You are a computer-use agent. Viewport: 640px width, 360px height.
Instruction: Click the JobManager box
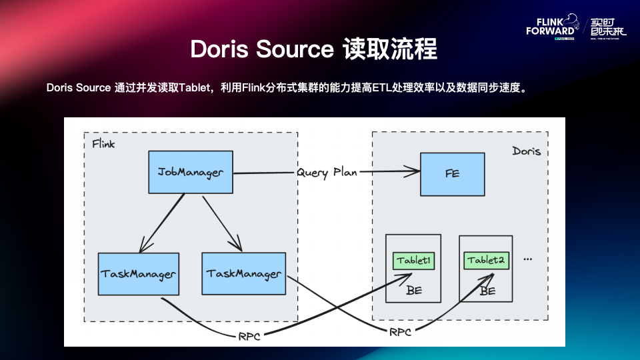pyautogui.click(x=191, y=173)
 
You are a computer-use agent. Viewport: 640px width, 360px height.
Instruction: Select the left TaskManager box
pyautogui.click(x=139, y=274)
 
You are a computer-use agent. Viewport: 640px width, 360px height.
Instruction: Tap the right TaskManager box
pyautogui.click(x=243, y=273)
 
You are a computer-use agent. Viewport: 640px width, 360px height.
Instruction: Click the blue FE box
pyautogui.click(x=452, y=173)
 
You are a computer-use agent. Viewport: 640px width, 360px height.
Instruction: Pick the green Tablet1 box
pyautogui.click(x=413, y=260)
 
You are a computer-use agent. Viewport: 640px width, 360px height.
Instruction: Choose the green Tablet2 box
pyautogui.click(x=485, y=260)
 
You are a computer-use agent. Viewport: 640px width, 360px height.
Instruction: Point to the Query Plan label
pyautogui.click(x=327, y=173)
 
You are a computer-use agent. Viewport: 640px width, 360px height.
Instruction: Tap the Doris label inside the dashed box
pyautogui.click(x=526, y=151)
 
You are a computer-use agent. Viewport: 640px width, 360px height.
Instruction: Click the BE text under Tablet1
pyautogui.click(x=414, y=290)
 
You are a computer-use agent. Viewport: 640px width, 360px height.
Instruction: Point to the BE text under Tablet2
pyautogui.click(x=487, y=291)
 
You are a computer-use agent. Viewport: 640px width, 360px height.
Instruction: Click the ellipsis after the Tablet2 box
pyautogui.click(x=528, y=259)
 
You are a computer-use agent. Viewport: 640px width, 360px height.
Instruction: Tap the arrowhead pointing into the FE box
pyautogui.click(x=413, y=173)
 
